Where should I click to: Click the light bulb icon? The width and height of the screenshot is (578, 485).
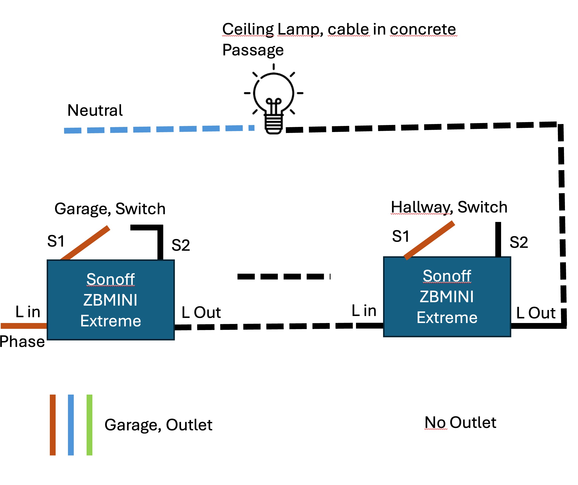pyautogui.click(x=273, y=100)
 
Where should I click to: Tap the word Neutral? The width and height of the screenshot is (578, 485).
pyautogui.click(x=95, y=110)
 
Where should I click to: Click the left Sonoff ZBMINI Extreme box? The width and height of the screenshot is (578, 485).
pyautogui.click(x=111, y=300)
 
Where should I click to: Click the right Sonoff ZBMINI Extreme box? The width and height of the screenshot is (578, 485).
pyautogui.click(x=447, y=297)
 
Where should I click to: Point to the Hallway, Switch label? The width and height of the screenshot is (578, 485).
pyautogui.click(x=449, y=207)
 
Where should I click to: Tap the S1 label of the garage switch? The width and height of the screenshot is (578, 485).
pyautogui.click(x=56, y=241)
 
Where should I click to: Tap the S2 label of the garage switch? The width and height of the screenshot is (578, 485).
pyautogui.click(x=181, y=245)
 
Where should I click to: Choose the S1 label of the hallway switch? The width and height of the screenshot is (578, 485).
pyautogui.click(x=400, y=236)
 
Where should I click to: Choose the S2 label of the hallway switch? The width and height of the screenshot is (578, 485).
pyautogui.click(x=519, y=242)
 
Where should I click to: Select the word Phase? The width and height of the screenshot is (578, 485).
pyautogui.click(x=22, y=342)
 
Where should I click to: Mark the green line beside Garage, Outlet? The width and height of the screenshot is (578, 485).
pyautogui.click(x=89, y=425)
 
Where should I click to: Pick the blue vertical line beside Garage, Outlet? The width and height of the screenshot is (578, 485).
pyautogui.click(x=71, y=425)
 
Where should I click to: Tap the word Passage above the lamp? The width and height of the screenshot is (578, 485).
pyautogui.click(x=253, y=50)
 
